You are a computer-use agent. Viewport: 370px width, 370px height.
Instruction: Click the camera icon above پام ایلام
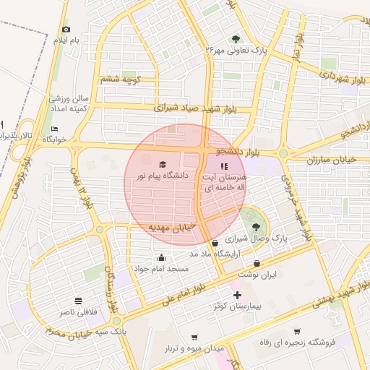point(66,29)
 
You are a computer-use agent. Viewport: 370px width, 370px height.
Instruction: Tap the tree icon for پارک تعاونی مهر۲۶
point(236,38)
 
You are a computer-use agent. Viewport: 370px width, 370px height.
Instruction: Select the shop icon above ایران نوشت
point(257,263)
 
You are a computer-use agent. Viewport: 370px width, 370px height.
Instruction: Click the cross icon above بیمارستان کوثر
point(236,295)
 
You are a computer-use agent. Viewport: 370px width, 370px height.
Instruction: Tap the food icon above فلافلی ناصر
point(77,301)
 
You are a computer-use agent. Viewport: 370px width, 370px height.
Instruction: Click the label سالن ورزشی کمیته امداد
point(69,103)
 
